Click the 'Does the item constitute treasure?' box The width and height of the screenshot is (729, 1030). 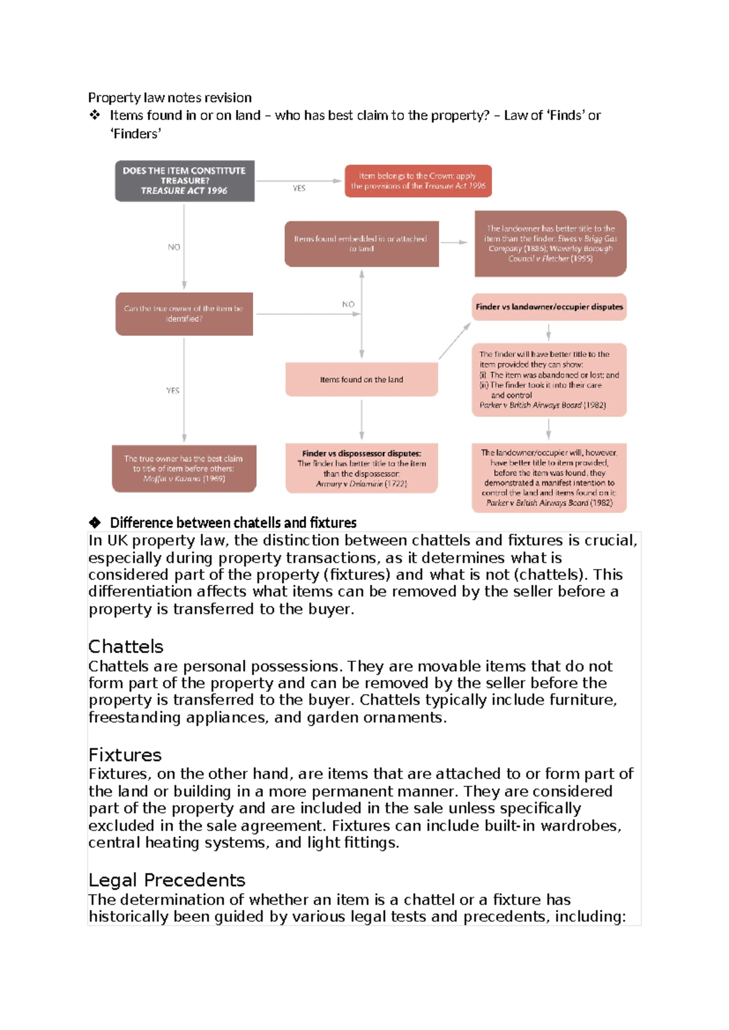[x=185, y=181]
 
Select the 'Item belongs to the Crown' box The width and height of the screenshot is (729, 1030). [x=418, y=181]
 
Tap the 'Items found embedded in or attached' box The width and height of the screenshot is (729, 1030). [x=361, y=244]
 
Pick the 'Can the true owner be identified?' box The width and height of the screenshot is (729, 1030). [x=184, y=314]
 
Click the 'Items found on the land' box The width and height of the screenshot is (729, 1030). [x=361, y=380]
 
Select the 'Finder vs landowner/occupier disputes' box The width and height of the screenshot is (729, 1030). [x=549, y=307]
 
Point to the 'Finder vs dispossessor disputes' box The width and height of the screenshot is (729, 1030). [x=361, y=468]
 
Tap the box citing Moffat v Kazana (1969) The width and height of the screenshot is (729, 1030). [x=184, y=469]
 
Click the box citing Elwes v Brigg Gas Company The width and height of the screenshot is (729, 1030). [x=550, y=244]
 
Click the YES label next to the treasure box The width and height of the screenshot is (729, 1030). [x=299, y=188]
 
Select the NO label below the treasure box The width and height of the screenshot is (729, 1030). [x=174, y=247]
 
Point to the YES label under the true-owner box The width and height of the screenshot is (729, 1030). [x=173, y=391]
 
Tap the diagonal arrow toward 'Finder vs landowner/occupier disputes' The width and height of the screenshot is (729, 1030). [x=454, y=341]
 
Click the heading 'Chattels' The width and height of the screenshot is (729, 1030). [x=126, y=646]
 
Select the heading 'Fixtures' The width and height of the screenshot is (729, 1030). [x=125, y=755]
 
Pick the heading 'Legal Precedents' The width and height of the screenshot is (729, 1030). [x=166, y=880]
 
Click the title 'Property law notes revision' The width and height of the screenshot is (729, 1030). [x=169, y=98]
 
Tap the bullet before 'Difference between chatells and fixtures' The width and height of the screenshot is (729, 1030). [x=95, y=522]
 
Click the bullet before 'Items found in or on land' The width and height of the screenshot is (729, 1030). [x=95, y=115]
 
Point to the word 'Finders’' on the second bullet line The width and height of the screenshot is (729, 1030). [x=135, y=134]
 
